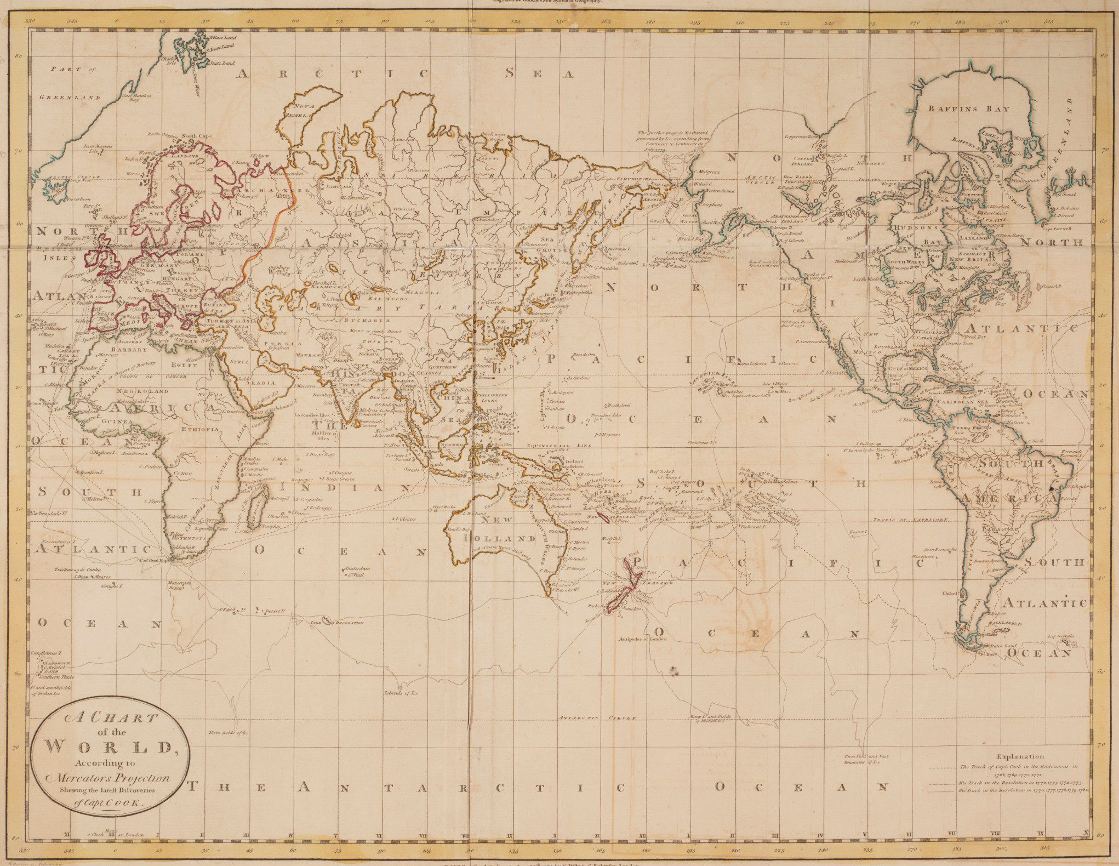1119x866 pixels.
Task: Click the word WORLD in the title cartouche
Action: coord(110,747)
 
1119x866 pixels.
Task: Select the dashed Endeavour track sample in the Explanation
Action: coord(943,768)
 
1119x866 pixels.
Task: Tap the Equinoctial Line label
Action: coord(558,446)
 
